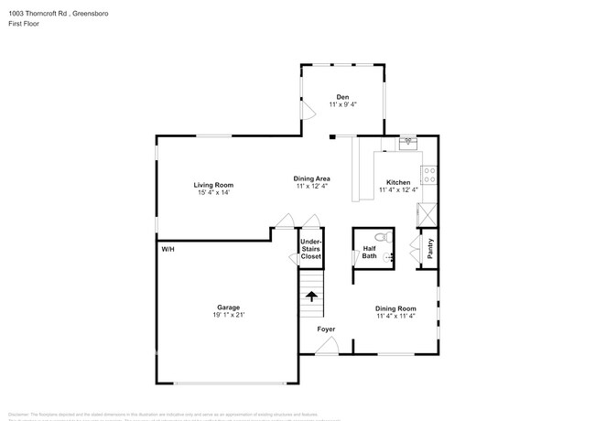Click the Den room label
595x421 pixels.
coord(342,97)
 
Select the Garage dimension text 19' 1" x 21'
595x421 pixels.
coord(228,314)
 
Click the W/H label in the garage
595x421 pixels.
coord(168,249)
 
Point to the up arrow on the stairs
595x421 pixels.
coord(312,297)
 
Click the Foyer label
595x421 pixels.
coord(326,329)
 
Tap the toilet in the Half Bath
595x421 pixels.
coord(386,238)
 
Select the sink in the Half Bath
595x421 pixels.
coord(387,259)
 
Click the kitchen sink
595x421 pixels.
coord(407,143)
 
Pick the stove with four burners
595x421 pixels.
coord(427,175)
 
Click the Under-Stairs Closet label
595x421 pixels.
coord(311,249)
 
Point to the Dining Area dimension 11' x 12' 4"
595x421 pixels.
coord(311,186)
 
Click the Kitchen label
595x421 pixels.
coord(398,182)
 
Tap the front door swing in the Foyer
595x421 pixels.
coord(328,346)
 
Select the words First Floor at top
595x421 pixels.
coord(23,24)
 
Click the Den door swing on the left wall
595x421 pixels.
coord(308,106)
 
